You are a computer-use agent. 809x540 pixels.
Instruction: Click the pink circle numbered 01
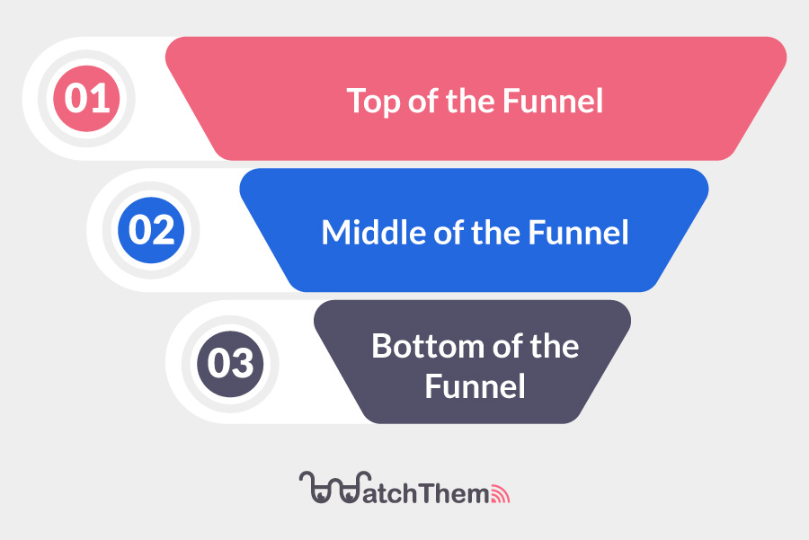click(x=86, y=99)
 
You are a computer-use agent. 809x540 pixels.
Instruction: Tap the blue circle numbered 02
click(x=151, y=230)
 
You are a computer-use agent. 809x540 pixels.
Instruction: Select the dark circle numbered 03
click(x=230, y=364)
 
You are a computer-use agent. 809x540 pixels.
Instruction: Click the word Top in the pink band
click(x=374, y=102)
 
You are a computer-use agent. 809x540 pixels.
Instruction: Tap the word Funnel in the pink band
click(x=553, y=101)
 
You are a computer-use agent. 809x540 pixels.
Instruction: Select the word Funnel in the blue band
click(x=578, y=232)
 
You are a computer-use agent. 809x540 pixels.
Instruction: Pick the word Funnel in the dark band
click(x=476, y=386)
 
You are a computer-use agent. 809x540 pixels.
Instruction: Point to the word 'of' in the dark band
click(x=508, y=346)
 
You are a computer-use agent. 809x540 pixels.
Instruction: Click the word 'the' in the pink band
click(x=470, y=101)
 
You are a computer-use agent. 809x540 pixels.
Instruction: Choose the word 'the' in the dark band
click(x=555, y=346)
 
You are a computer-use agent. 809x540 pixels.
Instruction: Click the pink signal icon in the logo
click(x=500, y=494)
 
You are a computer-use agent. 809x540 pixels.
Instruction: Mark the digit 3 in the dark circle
click(x=242, y=363)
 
